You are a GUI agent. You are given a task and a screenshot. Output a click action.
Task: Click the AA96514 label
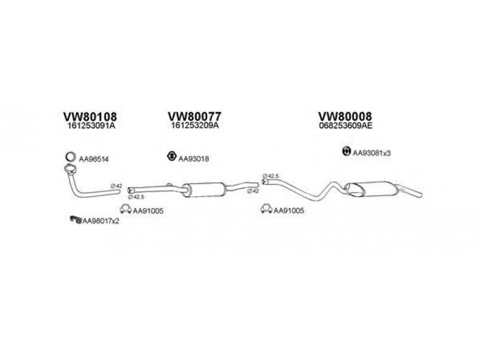coord(91,159)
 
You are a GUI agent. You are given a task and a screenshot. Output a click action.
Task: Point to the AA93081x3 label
coord(371,153)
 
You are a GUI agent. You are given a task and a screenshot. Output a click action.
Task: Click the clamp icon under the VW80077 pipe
coord(125,209)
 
